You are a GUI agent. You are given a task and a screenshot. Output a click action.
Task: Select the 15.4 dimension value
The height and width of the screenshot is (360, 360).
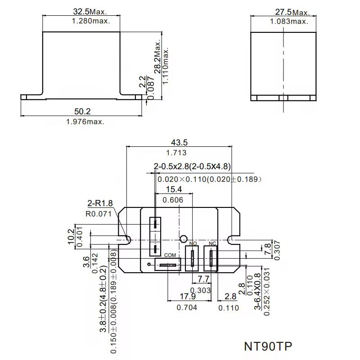coord(174,189)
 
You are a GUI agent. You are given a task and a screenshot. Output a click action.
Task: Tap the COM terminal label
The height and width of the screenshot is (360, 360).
coord(170,255)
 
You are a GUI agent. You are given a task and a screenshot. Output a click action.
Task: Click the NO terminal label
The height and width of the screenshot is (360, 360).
coord(193,243)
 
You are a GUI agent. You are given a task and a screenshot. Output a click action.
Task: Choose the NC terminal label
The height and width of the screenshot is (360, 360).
coord(212,243)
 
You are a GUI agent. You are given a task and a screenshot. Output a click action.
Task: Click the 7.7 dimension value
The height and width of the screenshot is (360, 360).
coord(204,279)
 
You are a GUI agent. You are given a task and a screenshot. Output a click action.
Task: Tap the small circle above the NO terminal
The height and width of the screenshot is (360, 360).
coord(183,238)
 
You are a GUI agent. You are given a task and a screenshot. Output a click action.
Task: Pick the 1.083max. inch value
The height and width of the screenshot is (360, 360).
coord(289,21)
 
